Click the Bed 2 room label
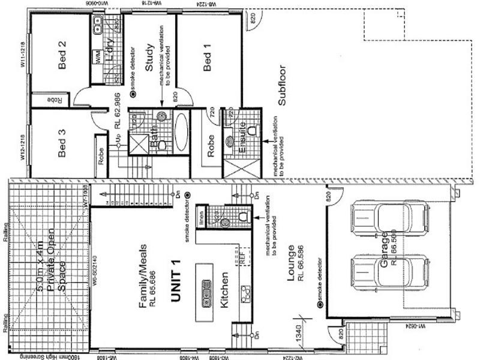tap(61, 55)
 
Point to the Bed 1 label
tap(208, 58)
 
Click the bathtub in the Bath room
tap(181, 133)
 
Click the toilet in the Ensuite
tap(253, 130)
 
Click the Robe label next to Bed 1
tap(211, 146)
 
